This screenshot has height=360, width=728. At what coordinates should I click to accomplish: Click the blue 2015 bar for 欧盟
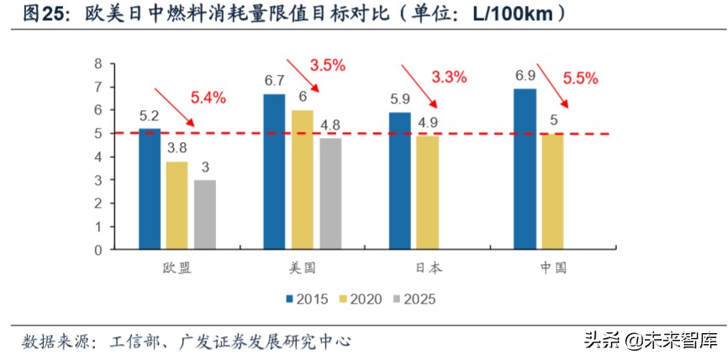(x=150, y=189)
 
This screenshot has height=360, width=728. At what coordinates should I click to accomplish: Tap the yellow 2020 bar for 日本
(x=426, y=193)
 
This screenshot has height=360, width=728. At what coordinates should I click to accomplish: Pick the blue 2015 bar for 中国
(x=525, y=169)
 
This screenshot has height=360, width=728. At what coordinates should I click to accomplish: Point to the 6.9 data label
(x=525, y=76)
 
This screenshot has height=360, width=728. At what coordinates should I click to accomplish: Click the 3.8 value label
(x=176, y=148)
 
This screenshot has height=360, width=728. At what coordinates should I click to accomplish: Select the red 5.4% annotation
(x=208, y=98)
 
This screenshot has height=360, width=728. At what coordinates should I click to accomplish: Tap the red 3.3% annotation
(x=449, y=77)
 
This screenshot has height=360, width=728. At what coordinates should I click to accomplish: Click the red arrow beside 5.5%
(x=553, y=83)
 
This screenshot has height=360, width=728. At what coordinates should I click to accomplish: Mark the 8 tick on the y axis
(x=98, y=64)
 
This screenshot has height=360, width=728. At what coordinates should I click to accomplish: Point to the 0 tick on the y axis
(x=98, y=250)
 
